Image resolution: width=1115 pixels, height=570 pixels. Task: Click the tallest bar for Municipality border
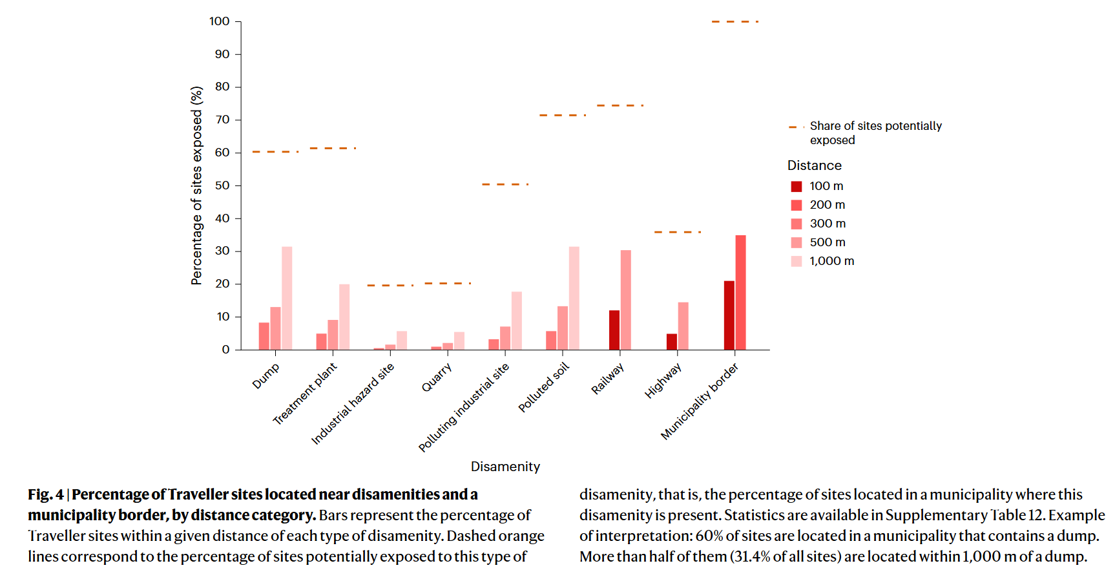[x=740, y=293]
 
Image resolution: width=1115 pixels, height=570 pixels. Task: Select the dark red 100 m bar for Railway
[x=614, y=330]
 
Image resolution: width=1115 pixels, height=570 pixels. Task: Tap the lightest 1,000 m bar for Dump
[x=287, y=298]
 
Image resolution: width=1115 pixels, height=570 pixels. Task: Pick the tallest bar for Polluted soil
[x=574, y=298]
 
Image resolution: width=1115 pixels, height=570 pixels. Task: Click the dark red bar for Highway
[x=672, y=342]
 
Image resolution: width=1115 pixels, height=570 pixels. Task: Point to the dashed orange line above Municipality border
[x=735, y=22]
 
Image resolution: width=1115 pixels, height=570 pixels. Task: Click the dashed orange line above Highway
[x=677, y=232]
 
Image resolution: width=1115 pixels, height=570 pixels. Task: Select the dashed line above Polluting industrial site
[x=505, y=185]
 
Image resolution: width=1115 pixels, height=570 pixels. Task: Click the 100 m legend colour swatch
[x=797, y=187]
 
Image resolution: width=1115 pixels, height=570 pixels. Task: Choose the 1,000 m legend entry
[x=831, y=261]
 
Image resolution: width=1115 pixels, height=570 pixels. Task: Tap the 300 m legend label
[x=828, y=224]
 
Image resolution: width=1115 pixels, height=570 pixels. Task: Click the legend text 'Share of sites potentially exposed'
[x=875, y=133]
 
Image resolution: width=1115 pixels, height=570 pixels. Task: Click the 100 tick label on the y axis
[x=220, y=21]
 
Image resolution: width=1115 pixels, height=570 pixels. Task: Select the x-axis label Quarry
[x=437, y=377]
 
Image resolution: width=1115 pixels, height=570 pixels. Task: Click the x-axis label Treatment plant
[x=305, y=394]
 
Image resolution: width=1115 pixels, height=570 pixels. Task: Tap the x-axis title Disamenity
[x=505, y=467]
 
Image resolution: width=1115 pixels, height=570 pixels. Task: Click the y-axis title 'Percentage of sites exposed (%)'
[x=197, y=185]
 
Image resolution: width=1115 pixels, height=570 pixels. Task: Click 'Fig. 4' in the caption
[x=46, y=495]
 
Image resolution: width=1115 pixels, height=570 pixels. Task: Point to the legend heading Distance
[x=814, y=165]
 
